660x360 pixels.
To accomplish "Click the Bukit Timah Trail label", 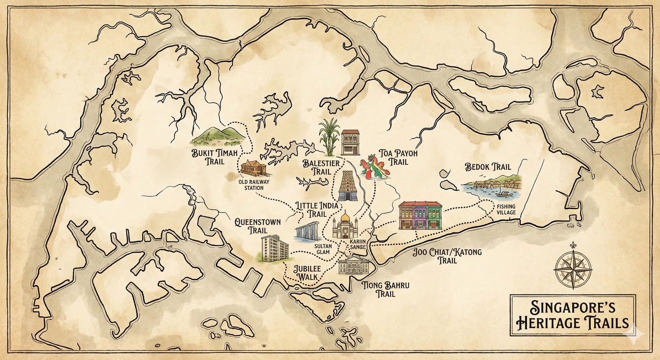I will pos(214,157).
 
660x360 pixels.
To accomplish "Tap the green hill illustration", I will pos(219,137).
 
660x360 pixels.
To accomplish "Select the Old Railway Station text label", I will pos(254,185).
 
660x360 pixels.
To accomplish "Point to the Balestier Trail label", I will pos(321,167).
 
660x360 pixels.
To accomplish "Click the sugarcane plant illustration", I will pos(328,138).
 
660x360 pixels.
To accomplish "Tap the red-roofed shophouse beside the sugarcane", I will pos(350,142).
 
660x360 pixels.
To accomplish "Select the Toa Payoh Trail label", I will pos(398,157).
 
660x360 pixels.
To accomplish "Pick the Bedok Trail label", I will pos(488,167).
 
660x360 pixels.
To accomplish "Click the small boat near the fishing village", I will pos(504,194).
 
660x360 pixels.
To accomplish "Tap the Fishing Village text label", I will pos(506,209).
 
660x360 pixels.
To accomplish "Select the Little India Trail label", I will pos(317,210).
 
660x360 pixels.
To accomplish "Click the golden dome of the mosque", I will pos(345,218).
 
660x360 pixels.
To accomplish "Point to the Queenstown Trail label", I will pos(257,226).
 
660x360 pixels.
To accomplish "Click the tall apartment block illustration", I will pos(274,248).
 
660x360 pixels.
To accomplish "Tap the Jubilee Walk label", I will pos(307,273).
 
